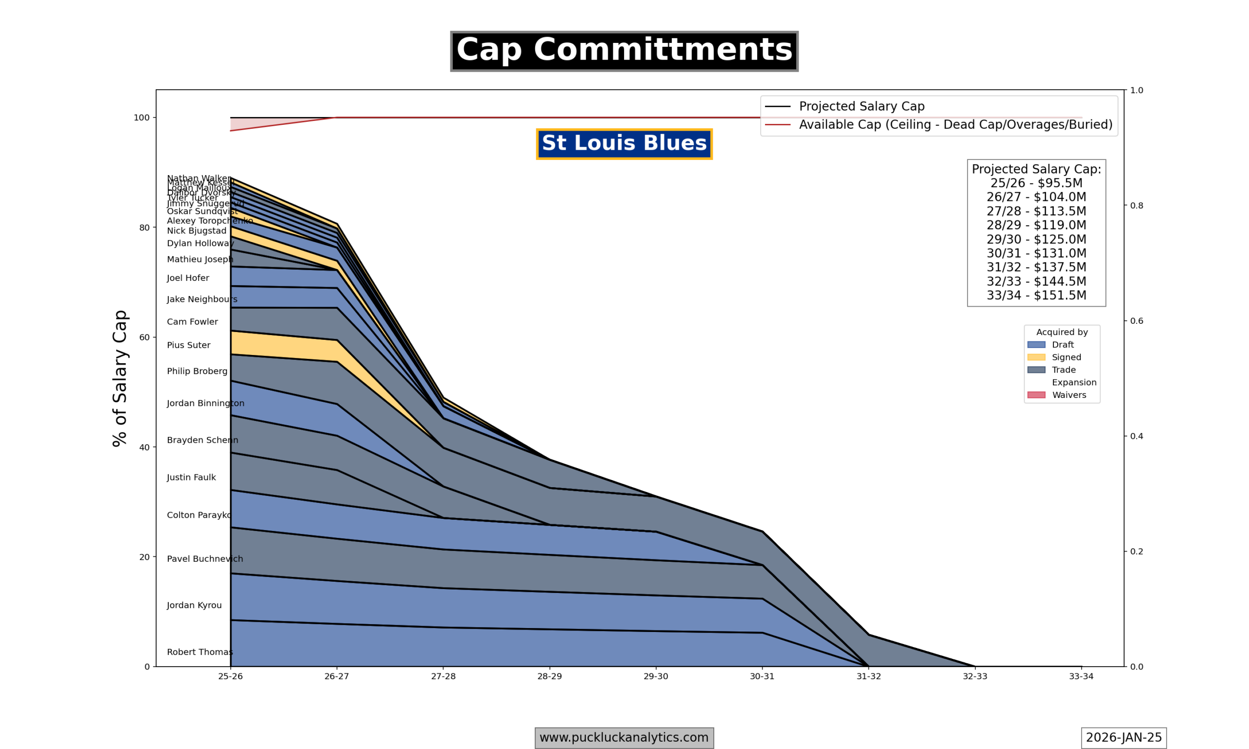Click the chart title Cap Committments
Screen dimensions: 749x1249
[624, 51]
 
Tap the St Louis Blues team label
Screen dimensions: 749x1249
[624, 144]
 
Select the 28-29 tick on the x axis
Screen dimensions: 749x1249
[549, 676]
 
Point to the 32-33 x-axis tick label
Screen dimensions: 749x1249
[975, 676]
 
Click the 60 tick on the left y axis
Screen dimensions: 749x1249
[144, 337]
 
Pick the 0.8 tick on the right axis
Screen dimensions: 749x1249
[1136, 205]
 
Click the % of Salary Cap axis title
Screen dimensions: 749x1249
[120, 378]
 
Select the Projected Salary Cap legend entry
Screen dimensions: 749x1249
[861, 106]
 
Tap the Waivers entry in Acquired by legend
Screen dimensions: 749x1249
[1069, 395]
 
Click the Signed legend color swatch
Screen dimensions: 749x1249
[1036, 357]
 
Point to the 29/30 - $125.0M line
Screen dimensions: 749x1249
[1036, 239]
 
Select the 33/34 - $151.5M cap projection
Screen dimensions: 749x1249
[1036, 295]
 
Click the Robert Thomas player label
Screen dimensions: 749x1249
[200, 652]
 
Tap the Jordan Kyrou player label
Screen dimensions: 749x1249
[194, 605]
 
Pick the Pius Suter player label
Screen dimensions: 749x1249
[188, 345]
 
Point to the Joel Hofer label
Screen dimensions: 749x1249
[188, 278]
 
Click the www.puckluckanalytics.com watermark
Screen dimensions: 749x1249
[624, 738]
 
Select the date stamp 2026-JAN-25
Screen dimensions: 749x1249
[1123, 738]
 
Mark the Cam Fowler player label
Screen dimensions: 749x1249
[192, 322]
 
